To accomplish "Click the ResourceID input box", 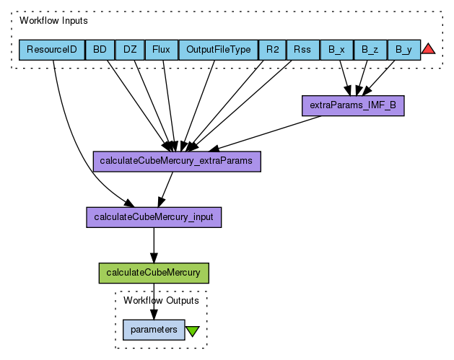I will coord(51,50).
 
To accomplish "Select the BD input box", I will coord(100,50).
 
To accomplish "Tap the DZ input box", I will coord(130,50).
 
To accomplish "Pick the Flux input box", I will coord(161,50).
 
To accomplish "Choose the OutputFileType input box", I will coord(218,50).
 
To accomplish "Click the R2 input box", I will coord(272,50).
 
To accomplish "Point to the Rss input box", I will coord(302,50).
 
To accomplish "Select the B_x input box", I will coord(336,50).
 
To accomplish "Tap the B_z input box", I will coord(370,50).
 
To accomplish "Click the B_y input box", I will coord(403,50).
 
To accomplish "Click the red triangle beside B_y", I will coord(428,49).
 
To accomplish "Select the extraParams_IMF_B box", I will coord(353,106).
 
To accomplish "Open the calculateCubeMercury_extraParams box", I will coord(177,162).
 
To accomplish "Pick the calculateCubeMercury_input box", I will coord(154,217).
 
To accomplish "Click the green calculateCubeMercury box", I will coord(153,273).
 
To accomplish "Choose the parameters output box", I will coord(154,330).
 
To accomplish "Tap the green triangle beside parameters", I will coord(193,331).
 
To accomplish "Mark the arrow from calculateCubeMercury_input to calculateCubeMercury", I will coord(153,245).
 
